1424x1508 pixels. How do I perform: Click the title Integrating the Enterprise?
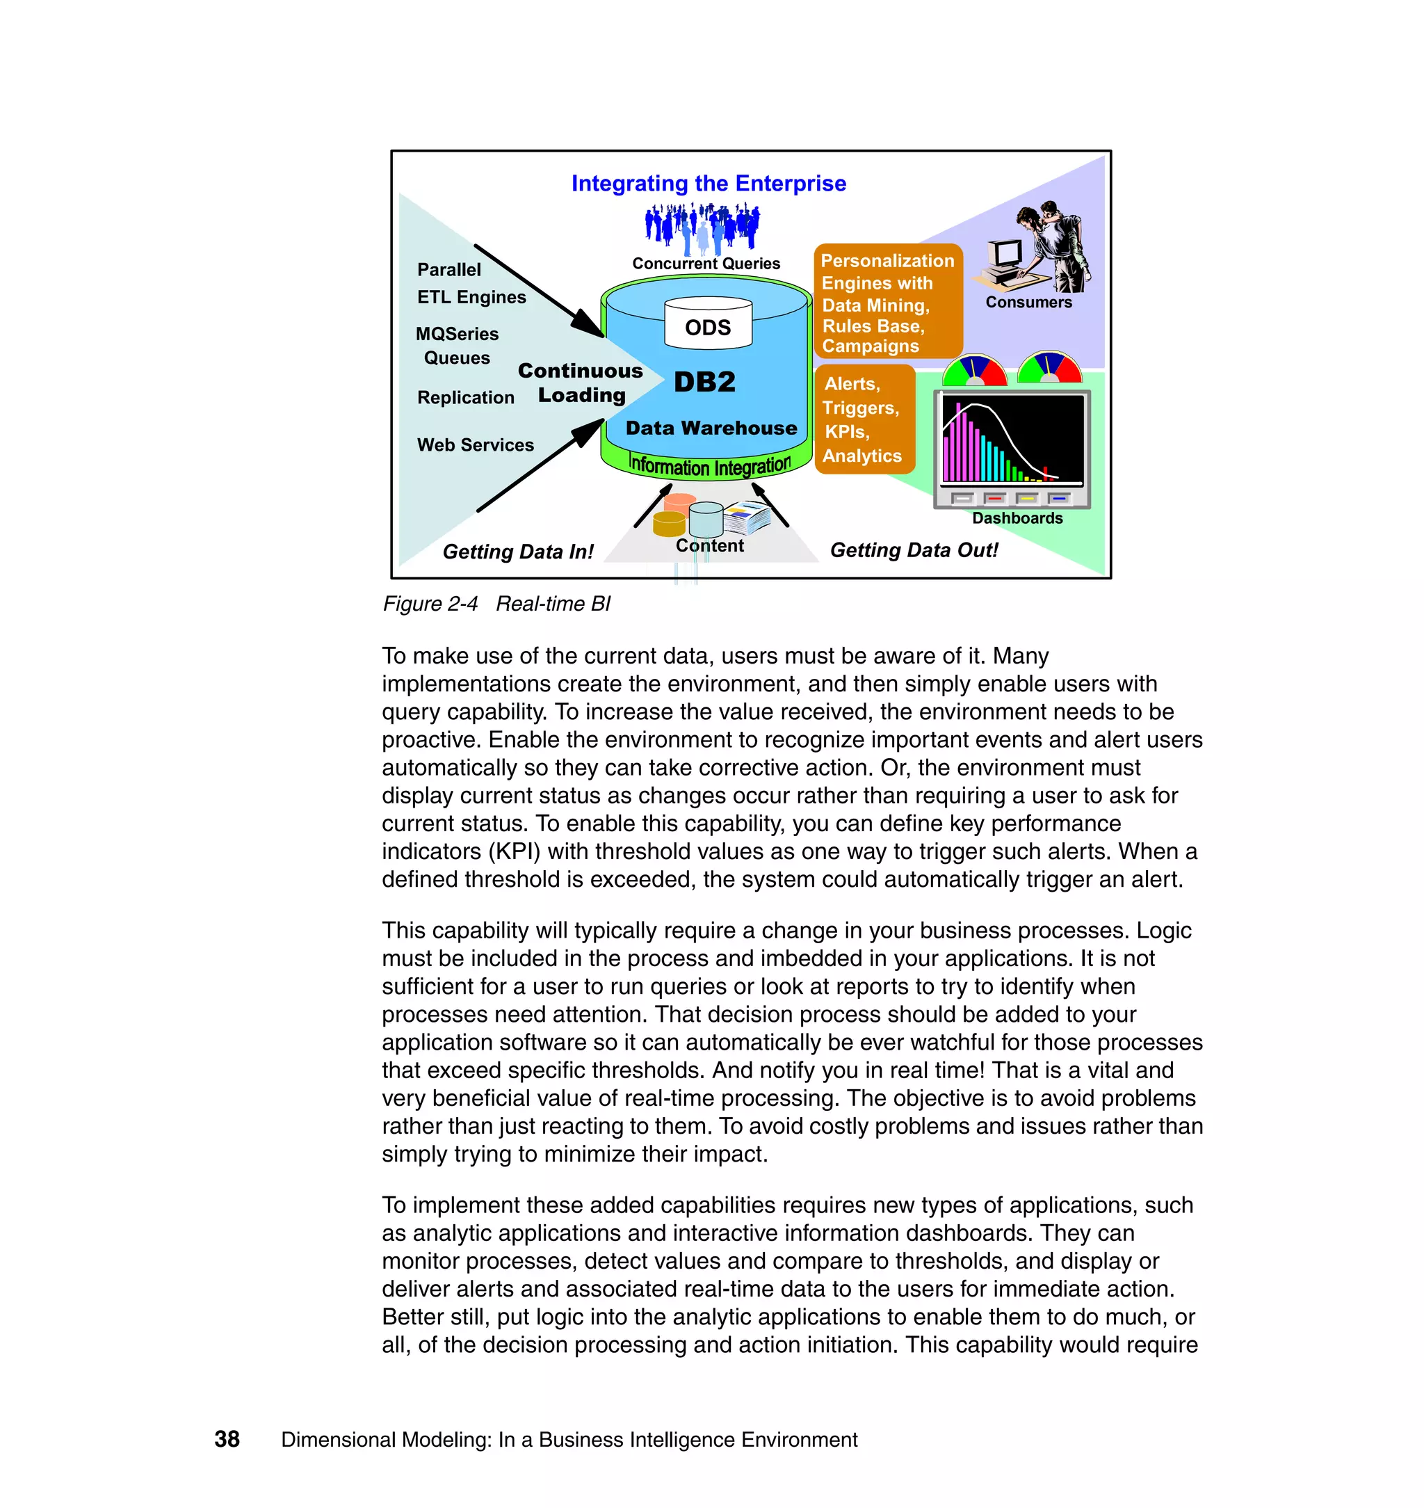coord(709,184)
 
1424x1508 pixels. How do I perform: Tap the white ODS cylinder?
coord(707,324)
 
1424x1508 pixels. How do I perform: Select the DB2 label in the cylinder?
coord(704,381)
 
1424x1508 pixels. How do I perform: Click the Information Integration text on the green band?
coord(709,465)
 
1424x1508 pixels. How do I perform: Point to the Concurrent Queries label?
coord(706,264)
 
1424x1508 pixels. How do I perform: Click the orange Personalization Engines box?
coord(887,301)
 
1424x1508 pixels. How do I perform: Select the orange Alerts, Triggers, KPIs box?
coord(864,419)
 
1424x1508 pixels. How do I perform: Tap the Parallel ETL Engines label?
coord(471,283)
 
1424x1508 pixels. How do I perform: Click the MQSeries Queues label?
coord(457,346)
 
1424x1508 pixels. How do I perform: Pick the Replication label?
coord(465,398)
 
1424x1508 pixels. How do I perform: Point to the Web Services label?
coord(475,445)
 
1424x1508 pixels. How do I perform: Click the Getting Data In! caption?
coord(518,552)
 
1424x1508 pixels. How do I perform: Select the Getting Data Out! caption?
coord(914,550)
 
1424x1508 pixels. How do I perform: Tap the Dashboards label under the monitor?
coord(1017,519)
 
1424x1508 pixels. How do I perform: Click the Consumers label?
coord(1028,302)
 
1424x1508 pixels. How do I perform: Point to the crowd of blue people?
coord(702,227)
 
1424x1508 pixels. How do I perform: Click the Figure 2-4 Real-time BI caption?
coord(496,604)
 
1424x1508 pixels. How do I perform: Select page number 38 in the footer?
coord(227,1439)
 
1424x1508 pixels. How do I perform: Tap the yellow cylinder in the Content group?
coord(669,524)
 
